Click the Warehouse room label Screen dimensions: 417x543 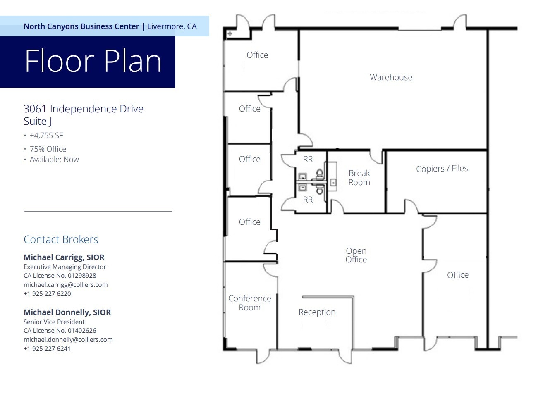391,77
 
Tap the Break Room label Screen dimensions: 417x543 359,178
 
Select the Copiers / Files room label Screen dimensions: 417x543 442,169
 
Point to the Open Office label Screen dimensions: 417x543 356,255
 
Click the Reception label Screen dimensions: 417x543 317,312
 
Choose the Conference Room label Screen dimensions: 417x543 249,303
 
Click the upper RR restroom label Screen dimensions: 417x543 308,159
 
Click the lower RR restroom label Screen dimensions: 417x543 308,200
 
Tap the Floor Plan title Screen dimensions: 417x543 93,61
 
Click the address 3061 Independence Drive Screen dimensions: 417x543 84,109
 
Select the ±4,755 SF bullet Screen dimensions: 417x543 46,136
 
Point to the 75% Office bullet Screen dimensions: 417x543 48,149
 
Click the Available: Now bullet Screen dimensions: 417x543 54,160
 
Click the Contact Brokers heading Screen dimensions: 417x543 61,239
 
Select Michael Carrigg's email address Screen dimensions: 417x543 65,284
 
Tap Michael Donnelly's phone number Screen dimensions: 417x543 47,348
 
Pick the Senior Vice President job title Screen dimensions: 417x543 54,322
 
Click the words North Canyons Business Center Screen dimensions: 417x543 81,26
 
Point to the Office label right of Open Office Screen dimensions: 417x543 457,275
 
